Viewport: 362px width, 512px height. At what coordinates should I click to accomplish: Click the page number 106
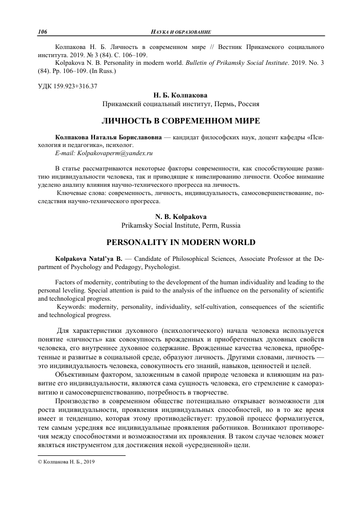point(43,32)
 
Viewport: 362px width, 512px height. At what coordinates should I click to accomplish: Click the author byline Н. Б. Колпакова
point(181,95)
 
